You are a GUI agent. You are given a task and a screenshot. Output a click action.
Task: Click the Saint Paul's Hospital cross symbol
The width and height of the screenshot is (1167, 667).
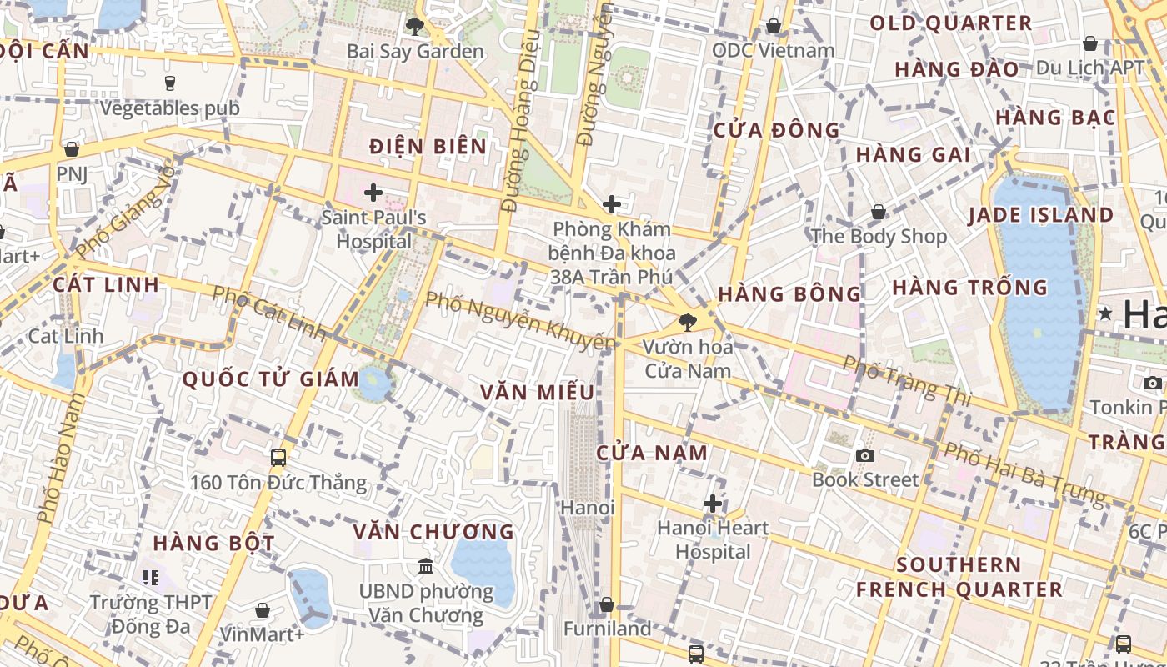click(373, 193)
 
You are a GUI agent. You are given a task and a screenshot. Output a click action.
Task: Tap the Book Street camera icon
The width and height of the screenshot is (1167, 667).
click(865, 455)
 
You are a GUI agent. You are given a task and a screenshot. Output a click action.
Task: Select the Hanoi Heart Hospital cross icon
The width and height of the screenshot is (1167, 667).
click(713, 503)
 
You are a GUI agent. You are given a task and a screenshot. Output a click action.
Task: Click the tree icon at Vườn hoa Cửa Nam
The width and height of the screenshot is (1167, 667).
click(688, 321)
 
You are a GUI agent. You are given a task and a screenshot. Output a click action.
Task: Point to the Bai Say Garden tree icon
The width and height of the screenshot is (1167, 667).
click(414, 27)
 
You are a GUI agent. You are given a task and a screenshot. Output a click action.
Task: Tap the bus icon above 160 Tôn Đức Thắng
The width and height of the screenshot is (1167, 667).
click(278, 457)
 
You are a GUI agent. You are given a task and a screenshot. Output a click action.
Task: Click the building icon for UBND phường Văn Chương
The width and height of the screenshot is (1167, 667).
click(427, 566)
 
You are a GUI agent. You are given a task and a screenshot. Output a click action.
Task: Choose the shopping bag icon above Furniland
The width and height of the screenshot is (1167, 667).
click(607, 604)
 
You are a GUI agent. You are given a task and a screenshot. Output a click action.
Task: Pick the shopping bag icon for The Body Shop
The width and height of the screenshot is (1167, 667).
click(878, 212)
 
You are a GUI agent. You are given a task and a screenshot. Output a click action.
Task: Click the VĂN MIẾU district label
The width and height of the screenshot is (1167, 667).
click(538, 392)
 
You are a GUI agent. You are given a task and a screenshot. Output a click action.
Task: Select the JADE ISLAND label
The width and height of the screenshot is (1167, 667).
click(1040, 215)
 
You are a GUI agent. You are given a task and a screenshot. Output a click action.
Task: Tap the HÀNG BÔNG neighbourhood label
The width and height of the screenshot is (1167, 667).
click(789, 293)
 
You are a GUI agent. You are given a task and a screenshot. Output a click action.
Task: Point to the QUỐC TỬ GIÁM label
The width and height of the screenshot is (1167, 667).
click(271, 379)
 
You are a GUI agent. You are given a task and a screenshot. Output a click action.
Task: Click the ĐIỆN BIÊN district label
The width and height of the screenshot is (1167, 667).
click(428, 147)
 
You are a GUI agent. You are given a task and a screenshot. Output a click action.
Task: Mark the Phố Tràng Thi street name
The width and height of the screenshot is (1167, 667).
click(907, 381)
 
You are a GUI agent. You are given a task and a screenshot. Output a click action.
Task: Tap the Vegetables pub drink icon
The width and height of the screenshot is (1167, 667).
click(170, 83)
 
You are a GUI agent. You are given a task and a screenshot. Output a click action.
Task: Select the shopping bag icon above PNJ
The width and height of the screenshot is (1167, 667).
click(72, 149)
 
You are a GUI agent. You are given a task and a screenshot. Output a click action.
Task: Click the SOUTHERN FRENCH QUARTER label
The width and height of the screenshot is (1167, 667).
click(959, 577)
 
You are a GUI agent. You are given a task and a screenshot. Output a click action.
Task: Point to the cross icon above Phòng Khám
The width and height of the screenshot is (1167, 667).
click(612, 203)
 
